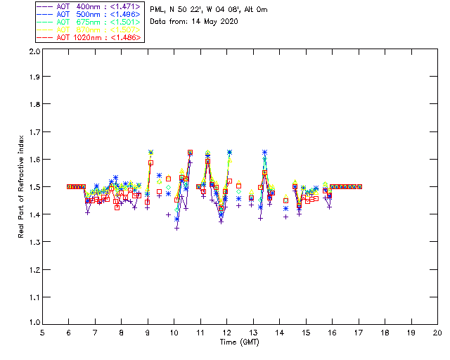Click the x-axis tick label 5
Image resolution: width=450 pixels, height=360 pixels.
(42, 332)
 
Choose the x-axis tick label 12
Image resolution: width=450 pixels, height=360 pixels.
(226, 332)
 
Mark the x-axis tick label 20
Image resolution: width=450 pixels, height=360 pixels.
(437, 332)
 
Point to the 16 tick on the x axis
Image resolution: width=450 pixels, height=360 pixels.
(332, 332)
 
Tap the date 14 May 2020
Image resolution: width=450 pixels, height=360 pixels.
(214, 21)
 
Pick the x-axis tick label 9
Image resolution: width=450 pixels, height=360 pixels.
(148, 332)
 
